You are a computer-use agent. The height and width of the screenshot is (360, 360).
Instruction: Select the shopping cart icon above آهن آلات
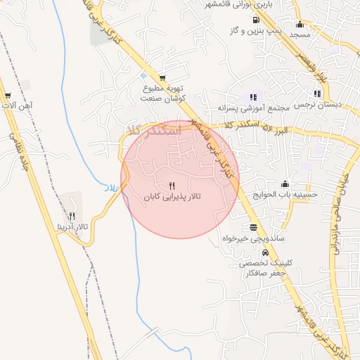[x=8, y=94]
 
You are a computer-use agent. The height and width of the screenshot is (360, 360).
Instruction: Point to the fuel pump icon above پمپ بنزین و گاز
[x=254, y=20]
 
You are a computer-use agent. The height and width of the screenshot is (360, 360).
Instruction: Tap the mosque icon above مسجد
[x=300, y=24]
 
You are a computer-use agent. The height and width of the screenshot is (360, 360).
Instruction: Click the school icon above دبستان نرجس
[x=318, y=93]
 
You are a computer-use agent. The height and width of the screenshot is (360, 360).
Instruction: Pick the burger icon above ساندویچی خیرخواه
[x=253, y=227]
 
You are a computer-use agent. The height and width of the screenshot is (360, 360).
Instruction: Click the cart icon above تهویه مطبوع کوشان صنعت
[x=163, y=78]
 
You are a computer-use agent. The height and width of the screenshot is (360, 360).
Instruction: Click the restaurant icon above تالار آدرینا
[x=72, y=215]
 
